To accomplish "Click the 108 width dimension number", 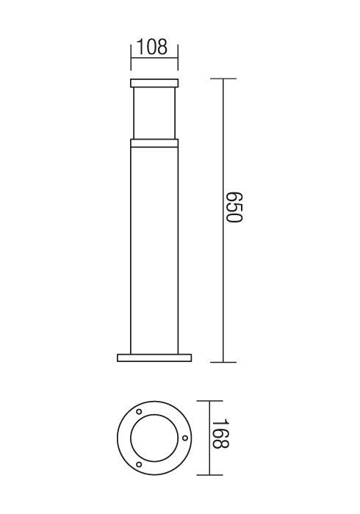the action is coord(151,47).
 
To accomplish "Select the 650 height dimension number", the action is coord(235,207).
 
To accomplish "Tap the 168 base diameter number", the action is coord(220,433).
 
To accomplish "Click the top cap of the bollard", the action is coord(154,83).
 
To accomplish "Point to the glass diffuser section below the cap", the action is coord(154,113).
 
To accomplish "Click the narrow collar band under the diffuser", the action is coord(154,143).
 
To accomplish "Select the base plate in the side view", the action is coord(154,358).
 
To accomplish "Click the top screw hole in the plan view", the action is coord(139,411).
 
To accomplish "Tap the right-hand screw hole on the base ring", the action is coord(185,438).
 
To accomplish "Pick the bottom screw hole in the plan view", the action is coord(139,464).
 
